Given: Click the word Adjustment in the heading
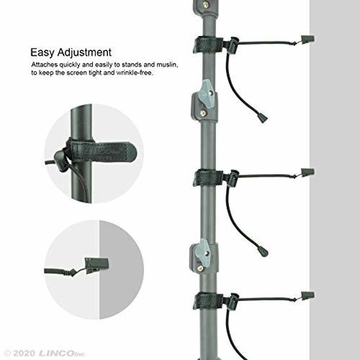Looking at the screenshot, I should tap(82, 52).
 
